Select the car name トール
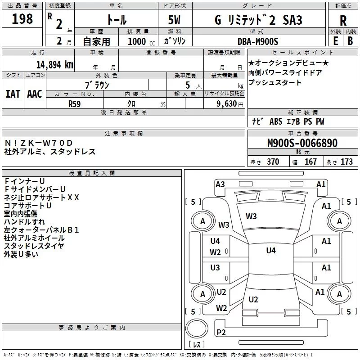click(x=116, y=20)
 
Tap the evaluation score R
click(x=343, y=21)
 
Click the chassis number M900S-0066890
click(x=302, y=143)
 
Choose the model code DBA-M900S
click(x=258, y=41)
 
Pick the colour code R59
click(x=75, y=103)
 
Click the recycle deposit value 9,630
click(x=227, y=103)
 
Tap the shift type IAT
click(x=13, y=94)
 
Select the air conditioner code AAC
click(x=34, y=94)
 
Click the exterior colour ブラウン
click(x=97, y=85)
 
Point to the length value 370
click(x=273, y=162)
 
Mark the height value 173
click(x=347, y=162)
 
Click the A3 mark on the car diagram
click(x=220, y=184)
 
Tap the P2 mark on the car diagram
click(x=221, y=333)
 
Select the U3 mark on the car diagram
click(x=215, y=268)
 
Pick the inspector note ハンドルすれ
click(x=24, y=221)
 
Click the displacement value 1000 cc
click(x=138, y=41)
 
